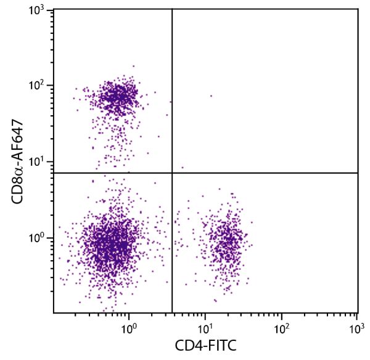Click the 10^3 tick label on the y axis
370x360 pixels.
click(x=40, y=10)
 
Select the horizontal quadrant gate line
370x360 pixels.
click(x=265, y=173)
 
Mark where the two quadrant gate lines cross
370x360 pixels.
click(x=171, y=173)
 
